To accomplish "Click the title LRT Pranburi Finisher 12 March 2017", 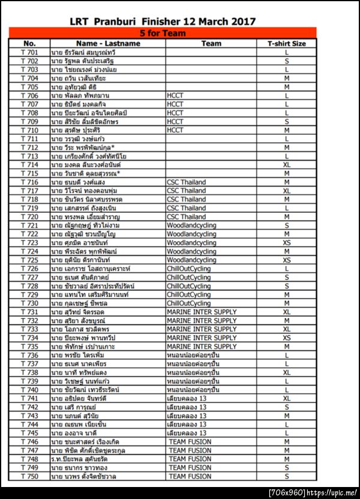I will click(163, 22).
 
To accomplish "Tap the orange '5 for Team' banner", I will click(163, 33).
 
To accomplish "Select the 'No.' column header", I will click(29, 43).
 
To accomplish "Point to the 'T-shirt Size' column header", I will click(287, 43).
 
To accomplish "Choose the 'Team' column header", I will click(211, 43).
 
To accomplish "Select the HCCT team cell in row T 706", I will click(175, 95).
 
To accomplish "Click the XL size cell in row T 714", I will click(287, 164).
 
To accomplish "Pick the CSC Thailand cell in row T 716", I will click(186, 182).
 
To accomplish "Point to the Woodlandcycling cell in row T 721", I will click(191, 225).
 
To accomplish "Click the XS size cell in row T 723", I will click(287, 242).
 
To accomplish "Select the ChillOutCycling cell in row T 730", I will click(189, 303).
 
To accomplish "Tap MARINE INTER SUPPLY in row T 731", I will click(202, 312).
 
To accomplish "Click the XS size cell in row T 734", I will click(287, 338).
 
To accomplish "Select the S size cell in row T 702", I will click(287, 61).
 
